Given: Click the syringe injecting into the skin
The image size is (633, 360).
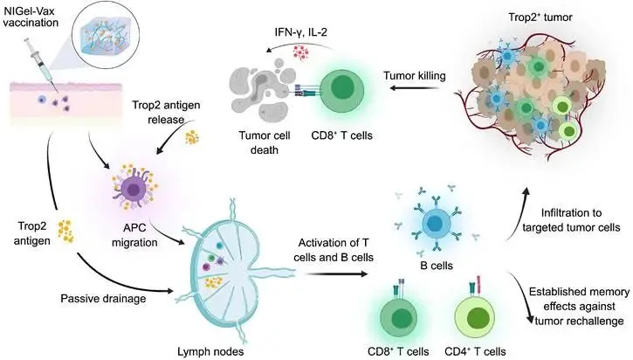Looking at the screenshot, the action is [41, 64].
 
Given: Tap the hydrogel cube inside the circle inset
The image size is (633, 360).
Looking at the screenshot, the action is [105, 33].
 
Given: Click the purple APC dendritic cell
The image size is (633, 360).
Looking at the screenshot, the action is [134, 187].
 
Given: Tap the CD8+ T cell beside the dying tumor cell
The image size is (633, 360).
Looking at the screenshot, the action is [342, 91].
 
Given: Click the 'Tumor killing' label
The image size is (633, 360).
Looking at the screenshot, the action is [415, 75].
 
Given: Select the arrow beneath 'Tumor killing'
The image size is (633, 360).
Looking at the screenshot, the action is [415, 88].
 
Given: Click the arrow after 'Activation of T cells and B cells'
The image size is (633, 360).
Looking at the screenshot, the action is [335, 273].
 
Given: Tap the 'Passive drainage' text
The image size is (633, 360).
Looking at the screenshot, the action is [103, 299].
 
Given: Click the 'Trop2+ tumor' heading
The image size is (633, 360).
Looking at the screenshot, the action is [540, 17].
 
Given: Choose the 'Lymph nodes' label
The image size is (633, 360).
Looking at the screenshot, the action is [210, 351].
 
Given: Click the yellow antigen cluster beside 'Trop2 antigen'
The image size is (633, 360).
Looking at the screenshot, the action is [65, 232].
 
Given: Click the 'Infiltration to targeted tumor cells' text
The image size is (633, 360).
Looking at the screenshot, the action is [571, 220].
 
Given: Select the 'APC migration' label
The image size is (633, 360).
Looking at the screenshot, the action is [134, 235].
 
